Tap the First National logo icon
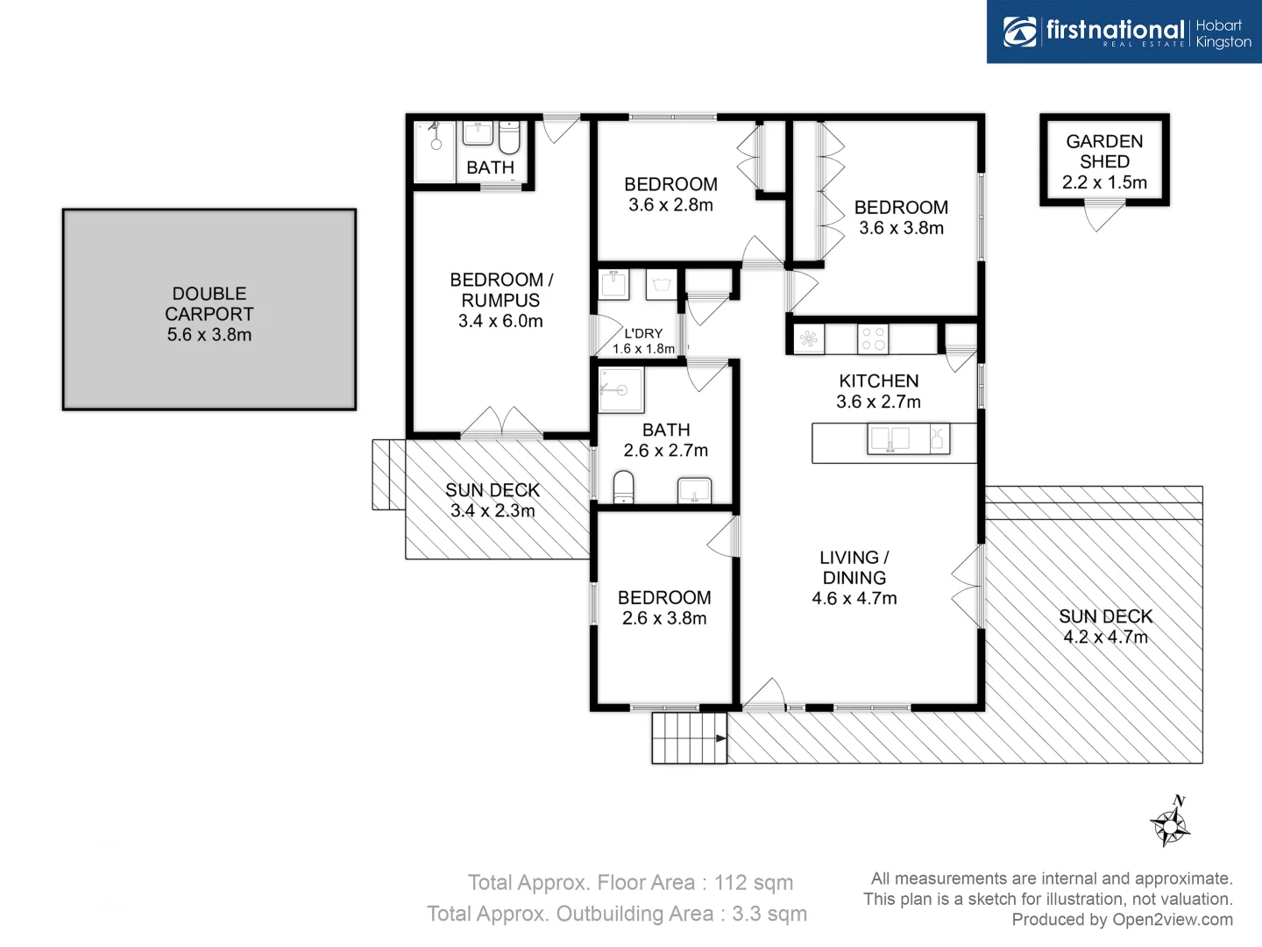click(1019, 32)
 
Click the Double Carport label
click(209, 303)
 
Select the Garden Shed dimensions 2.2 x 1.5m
click(1104, 182)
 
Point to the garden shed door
click(1104, 216)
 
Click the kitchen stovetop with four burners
click(873, 338)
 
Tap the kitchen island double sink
click(889, 438)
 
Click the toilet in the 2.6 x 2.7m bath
click(623, 487)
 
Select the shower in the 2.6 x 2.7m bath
click(621, 390)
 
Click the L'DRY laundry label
click(643, 333)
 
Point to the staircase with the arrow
click(689, 738)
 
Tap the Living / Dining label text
click(854, 567)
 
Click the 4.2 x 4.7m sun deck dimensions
click(1105, 637)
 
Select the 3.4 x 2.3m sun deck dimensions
click(493, 510)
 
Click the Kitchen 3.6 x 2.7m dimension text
click(878, 402)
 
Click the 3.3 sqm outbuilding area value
click(769, 914)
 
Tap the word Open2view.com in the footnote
click(1172, 920)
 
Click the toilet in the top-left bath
click(509, 139)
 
